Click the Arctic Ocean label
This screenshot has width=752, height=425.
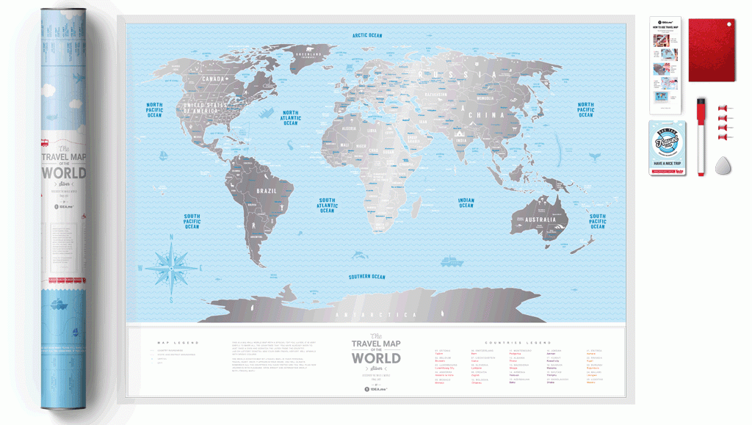point(367,35)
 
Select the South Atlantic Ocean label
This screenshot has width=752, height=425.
point(327,206)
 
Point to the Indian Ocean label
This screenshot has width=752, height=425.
point(466,203)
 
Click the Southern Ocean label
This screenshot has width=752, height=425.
point(367,277)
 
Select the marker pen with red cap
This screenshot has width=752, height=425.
point(701,136)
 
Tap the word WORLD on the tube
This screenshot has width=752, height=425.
point(63,173)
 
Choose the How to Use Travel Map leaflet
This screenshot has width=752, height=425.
point(665,65)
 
